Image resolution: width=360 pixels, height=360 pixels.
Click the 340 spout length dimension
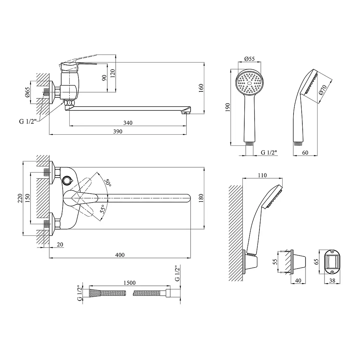pyautogui.click(x=128, y=123)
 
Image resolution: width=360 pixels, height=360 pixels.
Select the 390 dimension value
pyautogui.click(x=117, y=131)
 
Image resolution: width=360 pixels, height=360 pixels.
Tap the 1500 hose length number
pyautogui.click(x=129, y=283)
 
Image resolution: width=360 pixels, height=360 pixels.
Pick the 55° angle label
pyautogui.click(x=103, y=209)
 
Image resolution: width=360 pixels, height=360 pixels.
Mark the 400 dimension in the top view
pyautogui.click(x=120, y=255)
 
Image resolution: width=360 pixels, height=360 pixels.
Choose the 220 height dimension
pyautogui.click(x=20, y=198)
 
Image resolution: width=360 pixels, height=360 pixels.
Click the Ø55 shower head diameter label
pyautogui.click(x=249, y=59)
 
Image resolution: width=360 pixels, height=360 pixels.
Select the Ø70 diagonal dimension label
pyautogui.click(x=323, y=90)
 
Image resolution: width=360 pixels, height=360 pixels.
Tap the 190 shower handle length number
pyautogui.click(x=227, y=107)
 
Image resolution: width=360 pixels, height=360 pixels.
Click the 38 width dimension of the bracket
pyautogui.click(x=332, y=280)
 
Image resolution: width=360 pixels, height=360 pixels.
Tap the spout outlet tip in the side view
pyautogui.click(x=186, y=112)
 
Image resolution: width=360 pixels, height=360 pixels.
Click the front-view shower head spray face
pyautogui.click(x=249, y=82)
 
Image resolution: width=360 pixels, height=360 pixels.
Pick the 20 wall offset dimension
pyautogui.click(x=60, y=245)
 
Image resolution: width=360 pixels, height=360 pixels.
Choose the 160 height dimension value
pyautogui.click(x=201, y=88)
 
